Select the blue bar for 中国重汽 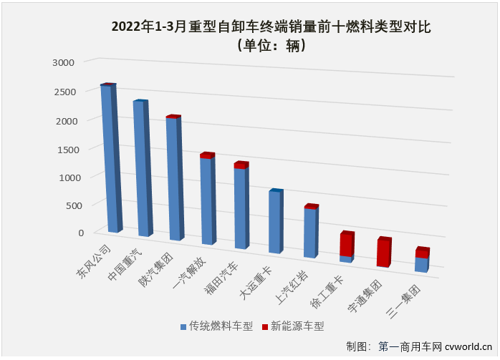pos(141,168)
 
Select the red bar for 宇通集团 pos(383,253)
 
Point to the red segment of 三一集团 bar pos(421,253)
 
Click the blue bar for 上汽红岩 pos(309,233)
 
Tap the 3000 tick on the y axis pos(63,62)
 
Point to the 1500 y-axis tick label pos(63,148)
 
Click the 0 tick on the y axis pos(81,232)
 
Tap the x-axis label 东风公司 pos(94,261)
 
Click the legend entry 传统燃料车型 pos(216,326)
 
